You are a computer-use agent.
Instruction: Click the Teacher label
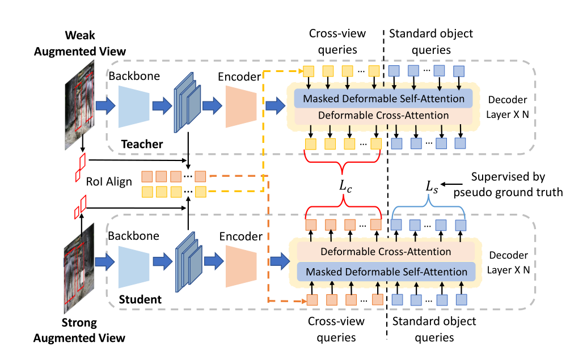tap(142, 145)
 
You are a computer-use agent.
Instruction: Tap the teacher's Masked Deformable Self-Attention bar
tap(383, 99)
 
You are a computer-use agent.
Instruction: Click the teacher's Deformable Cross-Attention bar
tap(383, 116)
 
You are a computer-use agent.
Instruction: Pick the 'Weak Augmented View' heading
tap(80, 43)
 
